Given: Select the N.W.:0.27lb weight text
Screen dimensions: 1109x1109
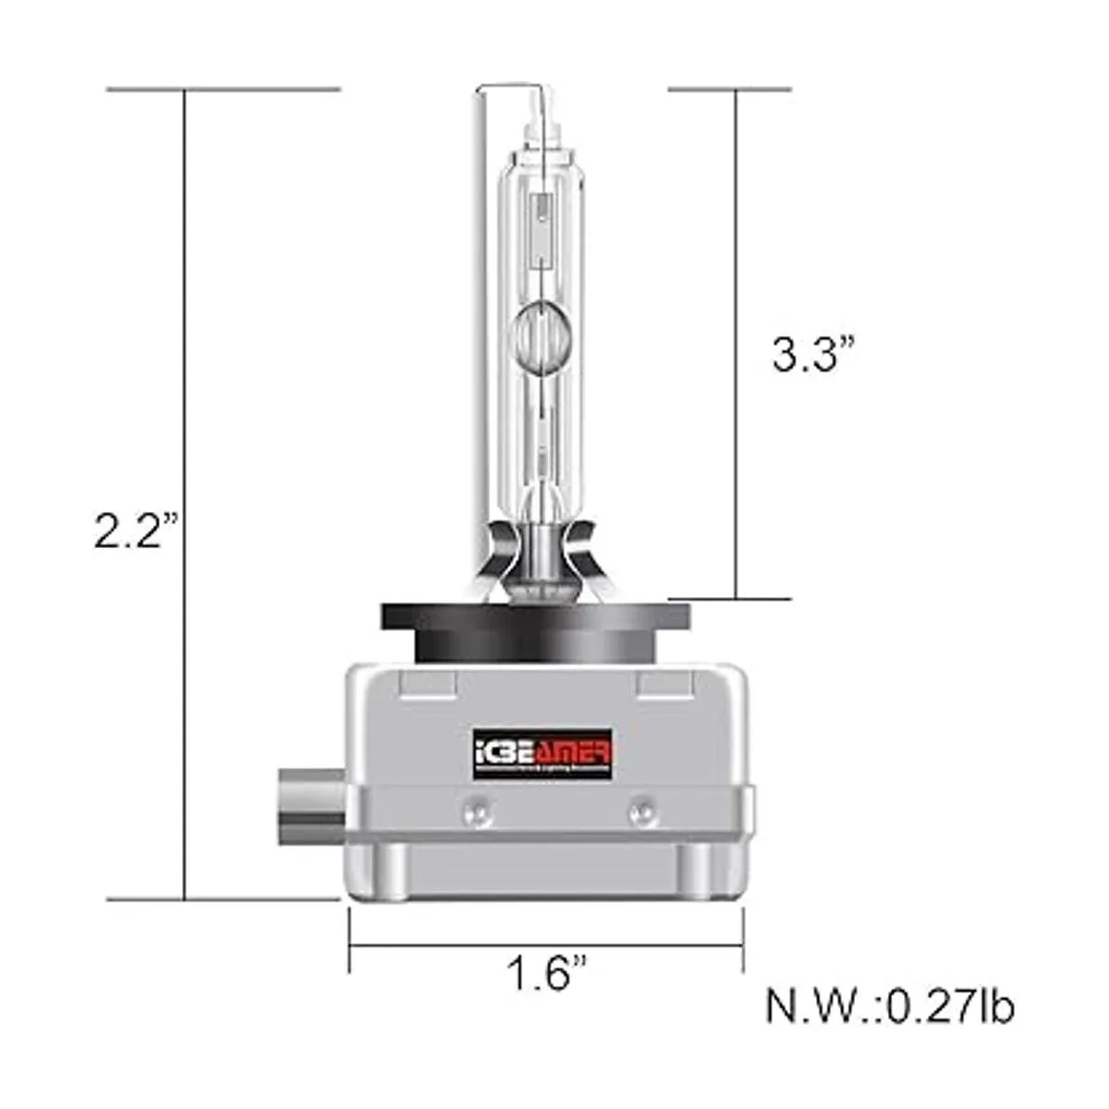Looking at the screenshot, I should point(889,1005).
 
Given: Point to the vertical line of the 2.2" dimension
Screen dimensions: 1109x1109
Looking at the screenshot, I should point(186,370).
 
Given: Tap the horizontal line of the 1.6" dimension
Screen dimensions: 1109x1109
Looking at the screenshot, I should point(545,945).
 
